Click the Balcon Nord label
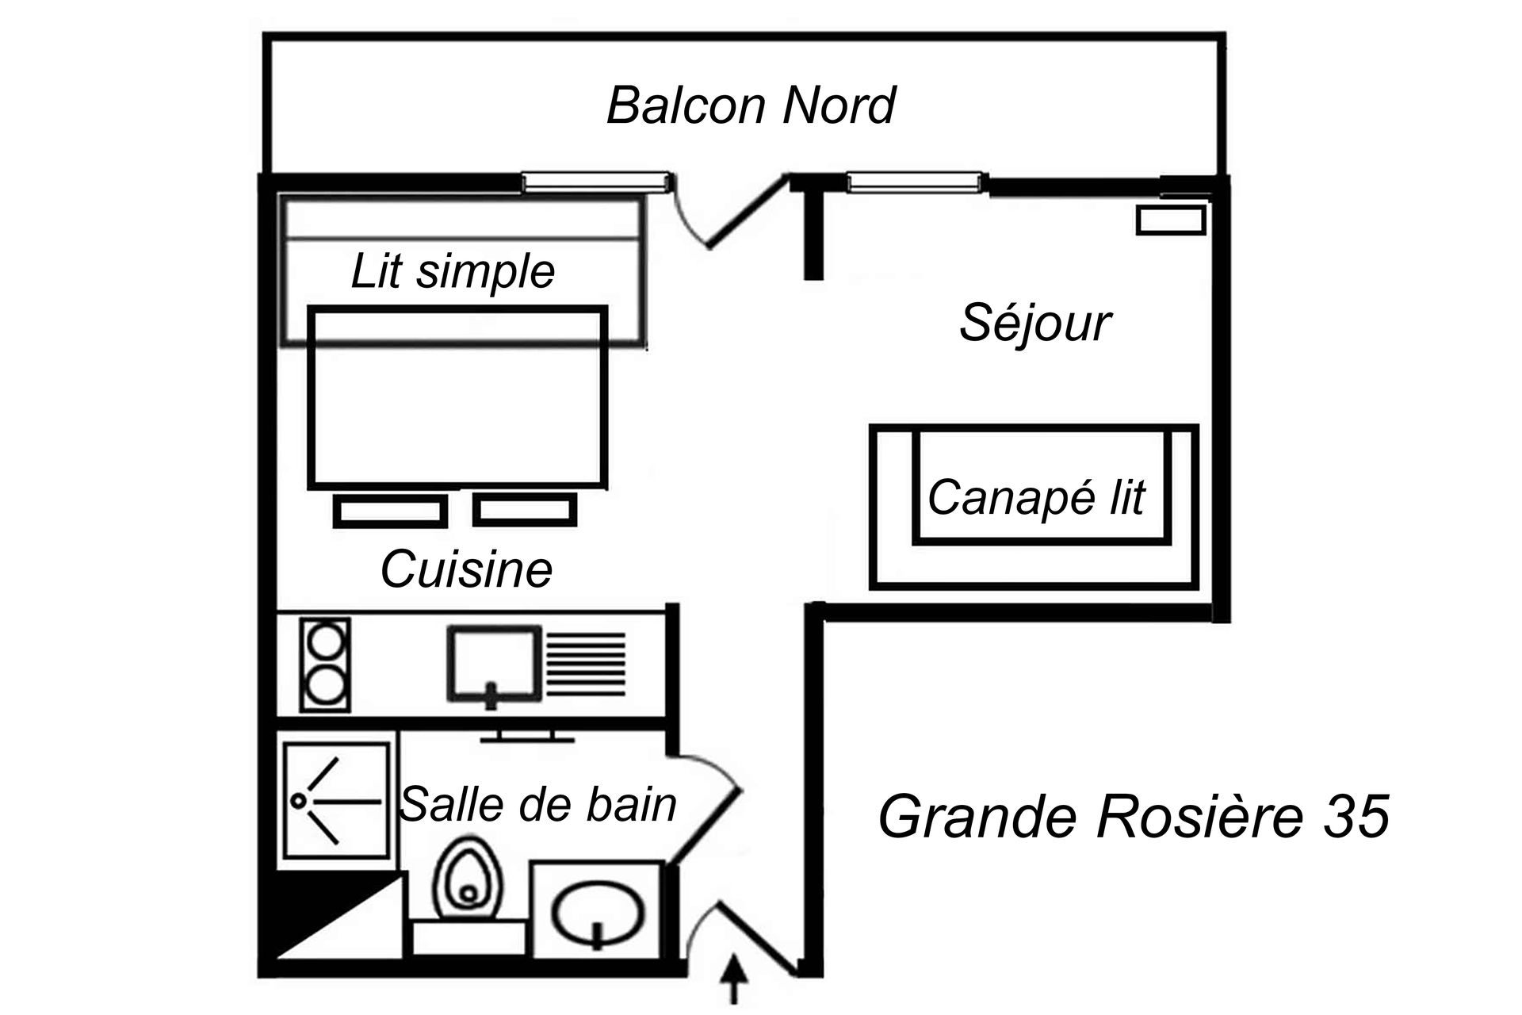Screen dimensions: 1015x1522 click(x=750, y=105)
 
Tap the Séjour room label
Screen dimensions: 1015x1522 click(x=1034, y=324)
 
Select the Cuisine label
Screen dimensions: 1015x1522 click(x=466, y=569)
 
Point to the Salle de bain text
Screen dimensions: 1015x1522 click(x=539, y=804)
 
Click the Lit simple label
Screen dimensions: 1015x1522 click(x=452, y=272)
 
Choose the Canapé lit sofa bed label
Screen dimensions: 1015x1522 click(x=1036, y=497)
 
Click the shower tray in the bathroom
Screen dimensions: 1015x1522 click(x=337, y=801)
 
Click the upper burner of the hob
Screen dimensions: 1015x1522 click(x=325, y=639)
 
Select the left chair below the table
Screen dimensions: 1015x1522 click(x=389, y=511)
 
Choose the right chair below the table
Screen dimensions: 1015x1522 click(x=525, y=510)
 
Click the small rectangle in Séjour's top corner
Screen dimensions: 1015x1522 click(x=1171, y=220)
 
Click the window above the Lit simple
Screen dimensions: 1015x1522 click(x=595, y=183)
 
